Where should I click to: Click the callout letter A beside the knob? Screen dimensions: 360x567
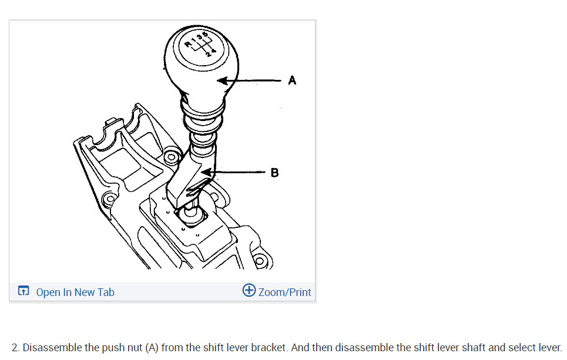292,80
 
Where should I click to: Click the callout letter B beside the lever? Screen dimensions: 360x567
275,173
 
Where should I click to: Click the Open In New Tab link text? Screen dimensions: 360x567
75,292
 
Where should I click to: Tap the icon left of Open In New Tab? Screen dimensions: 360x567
23,292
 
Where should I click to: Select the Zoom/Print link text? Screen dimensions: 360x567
284,292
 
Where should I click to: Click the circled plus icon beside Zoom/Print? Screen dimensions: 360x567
249,291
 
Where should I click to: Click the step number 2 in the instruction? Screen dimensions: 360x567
15,347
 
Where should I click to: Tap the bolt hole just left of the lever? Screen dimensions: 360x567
171,157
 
